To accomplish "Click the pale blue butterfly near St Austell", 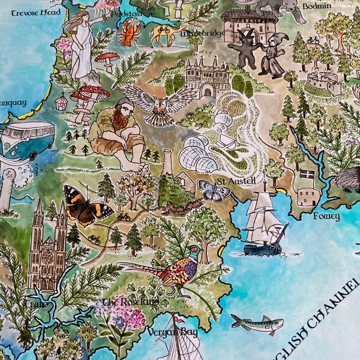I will click(x=214, y=191).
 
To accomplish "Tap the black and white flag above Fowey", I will click(x=307, y=175).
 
